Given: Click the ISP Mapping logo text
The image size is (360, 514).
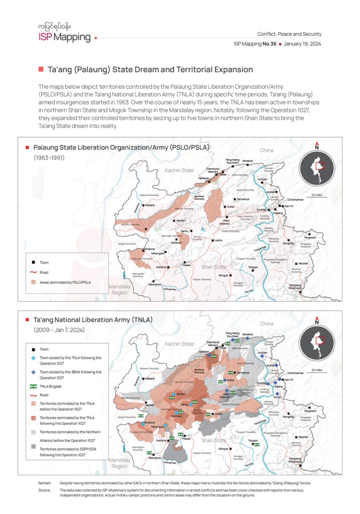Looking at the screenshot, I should pyautogui.click(x=65, y=37).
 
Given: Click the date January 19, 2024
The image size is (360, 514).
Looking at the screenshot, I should pyautogui.click(x=302, y=44).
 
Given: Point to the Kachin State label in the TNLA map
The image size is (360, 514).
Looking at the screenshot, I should pyautogui.click(x=179, y=344).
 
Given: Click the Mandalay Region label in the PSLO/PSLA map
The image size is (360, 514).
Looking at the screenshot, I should pyautogui.click(x=119, y=289).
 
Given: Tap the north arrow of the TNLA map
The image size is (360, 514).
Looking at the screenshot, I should pyautogui.click(x=317, y=320).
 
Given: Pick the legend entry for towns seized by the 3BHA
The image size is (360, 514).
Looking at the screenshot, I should pyautogui.click(x=70, y=374).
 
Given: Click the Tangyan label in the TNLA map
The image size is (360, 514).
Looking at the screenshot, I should pyautogui.click(x=253, y=441).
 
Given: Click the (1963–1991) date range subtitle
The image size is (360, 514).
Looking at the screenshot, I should pyautogui.click(x=49, y=158).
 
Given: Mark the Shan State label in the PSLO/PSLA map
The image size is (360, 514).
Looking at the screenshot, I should pyautogui.click(x=214, y=267).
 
